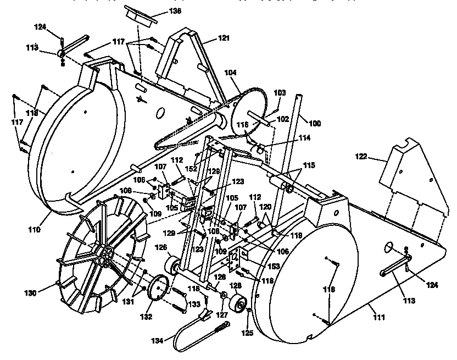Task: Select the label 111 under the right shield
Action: [x=378, y=318]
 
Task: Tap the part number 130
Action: [x=30, y=293]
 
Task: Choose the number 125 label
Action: [x=248, y=333]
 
